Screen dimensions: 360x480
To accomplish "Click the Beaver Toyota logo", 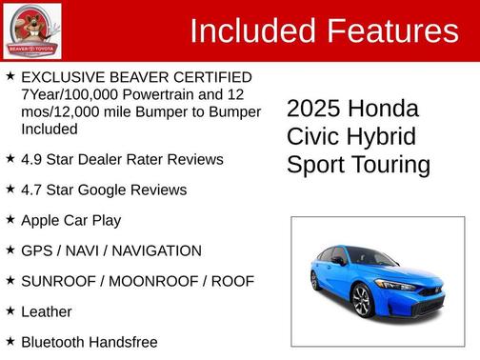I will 31,30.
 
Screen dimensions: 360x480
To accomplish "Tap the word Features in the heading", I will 391,31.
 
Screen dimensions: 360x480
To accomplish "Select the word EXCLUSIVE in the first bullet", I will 60,76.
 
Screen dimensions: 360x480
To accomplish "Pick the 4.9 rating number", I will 31,159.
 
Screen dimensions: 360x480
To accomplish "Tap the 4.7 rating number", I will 31,190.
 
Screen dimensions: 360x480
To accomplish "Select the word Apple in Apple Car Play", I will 41,220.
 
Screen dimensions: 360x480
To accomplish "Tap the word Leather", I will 46,311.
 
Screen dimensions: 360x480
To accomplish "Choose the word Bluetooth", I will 54,342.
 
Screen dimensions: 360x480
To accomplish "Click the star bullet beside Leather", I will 10,310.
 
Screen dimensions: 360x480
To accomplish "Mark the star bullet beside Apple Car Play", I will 10,219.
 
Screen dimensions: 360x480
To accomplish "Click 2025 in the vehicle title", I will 315,109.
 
